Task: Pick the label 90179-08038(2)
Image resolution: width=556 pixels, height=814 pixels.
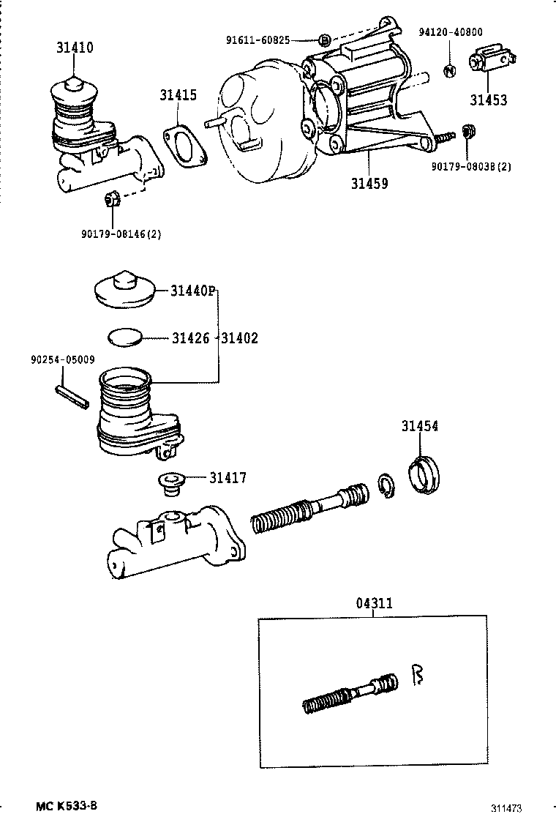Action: click(470, 166)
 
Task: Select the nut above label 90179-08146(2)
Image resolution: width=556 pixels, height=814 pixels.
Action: click(113, 198)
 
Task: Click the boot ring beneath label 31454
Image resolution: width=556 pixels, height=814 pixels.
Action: click(424, 474)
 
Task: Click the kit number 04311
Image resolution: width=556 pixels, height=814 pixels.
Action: click(374, 604)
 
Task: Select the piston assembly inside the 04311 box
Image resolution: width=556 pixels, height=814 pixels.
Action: click(350, 692)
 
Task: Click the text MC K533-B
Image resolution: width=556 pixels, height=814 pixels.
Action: click(66, 805)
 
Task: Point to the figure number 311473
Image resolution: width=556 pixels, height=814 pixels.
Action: click(506, 808)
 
